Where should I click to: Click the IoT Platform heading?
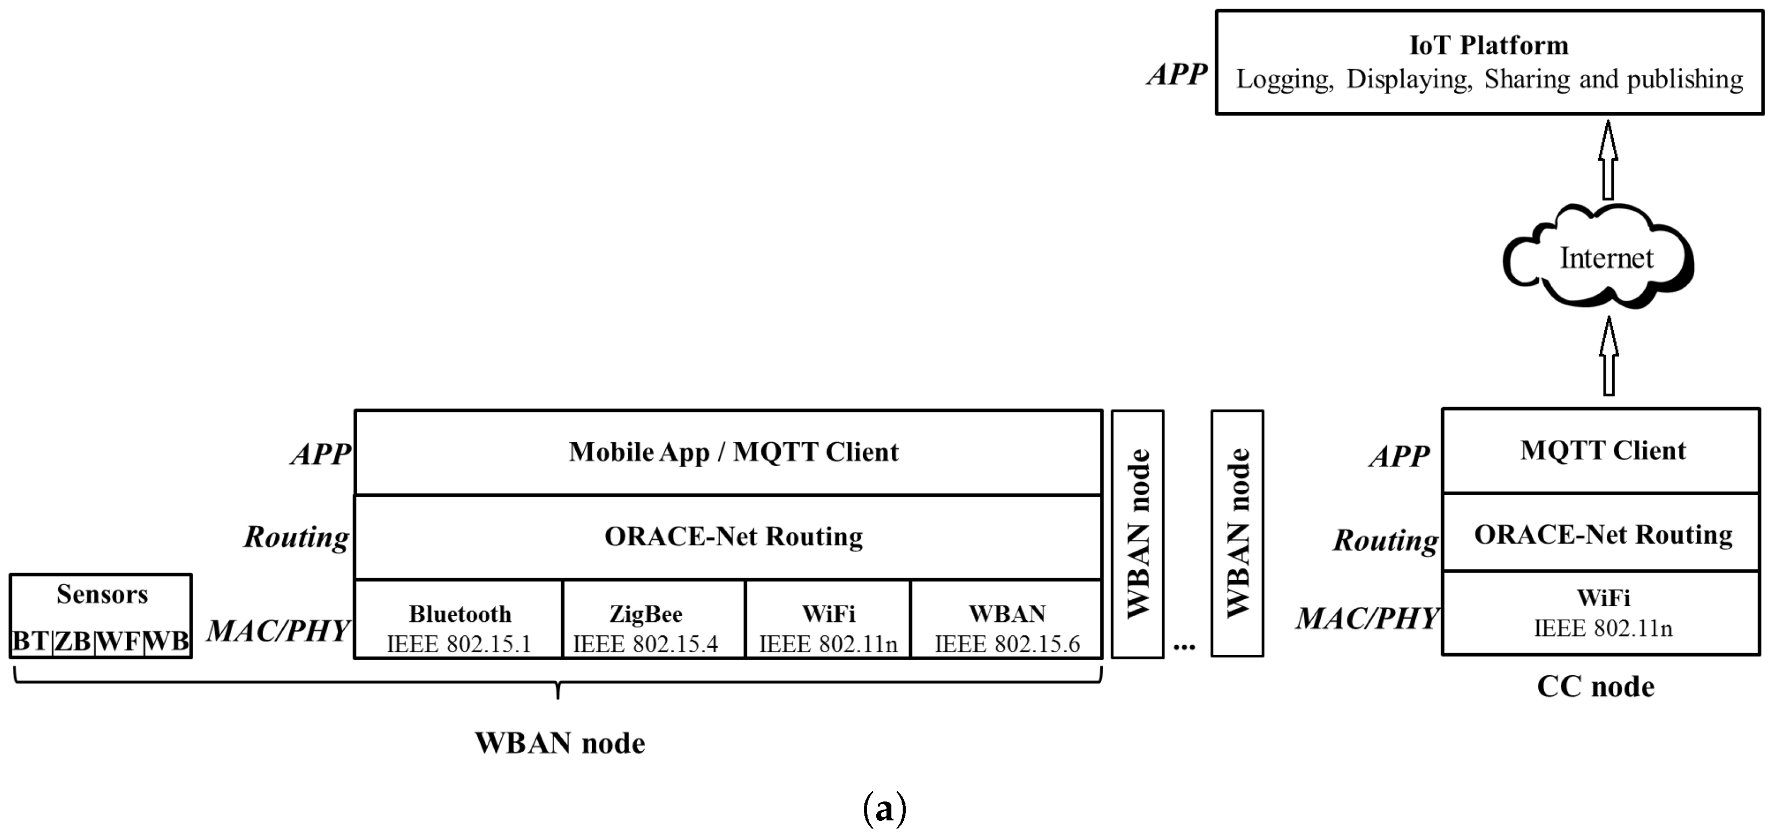(1489, 45)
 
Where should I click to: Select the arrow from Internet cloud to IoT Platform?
(1608, 160)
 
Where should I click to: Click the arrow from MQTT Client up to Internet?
(1608, 357)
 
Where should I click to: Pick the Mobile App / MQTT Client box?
(729, 452)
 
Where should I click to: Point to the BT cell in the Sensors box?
(31, 641)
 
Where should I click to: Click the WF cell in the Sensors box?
(118, 641)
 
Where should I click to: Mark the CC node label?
(1595, 687)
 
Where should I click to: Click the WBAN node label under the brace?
(560, 744)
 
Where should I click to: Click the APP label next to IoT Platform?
(1177, 74)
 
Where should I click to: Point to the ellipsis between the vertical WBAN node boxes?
(1184, 646)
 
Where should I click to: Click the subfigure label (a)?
(884, 808)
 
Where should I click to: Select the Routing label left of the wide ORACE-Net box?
(297, 537)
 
